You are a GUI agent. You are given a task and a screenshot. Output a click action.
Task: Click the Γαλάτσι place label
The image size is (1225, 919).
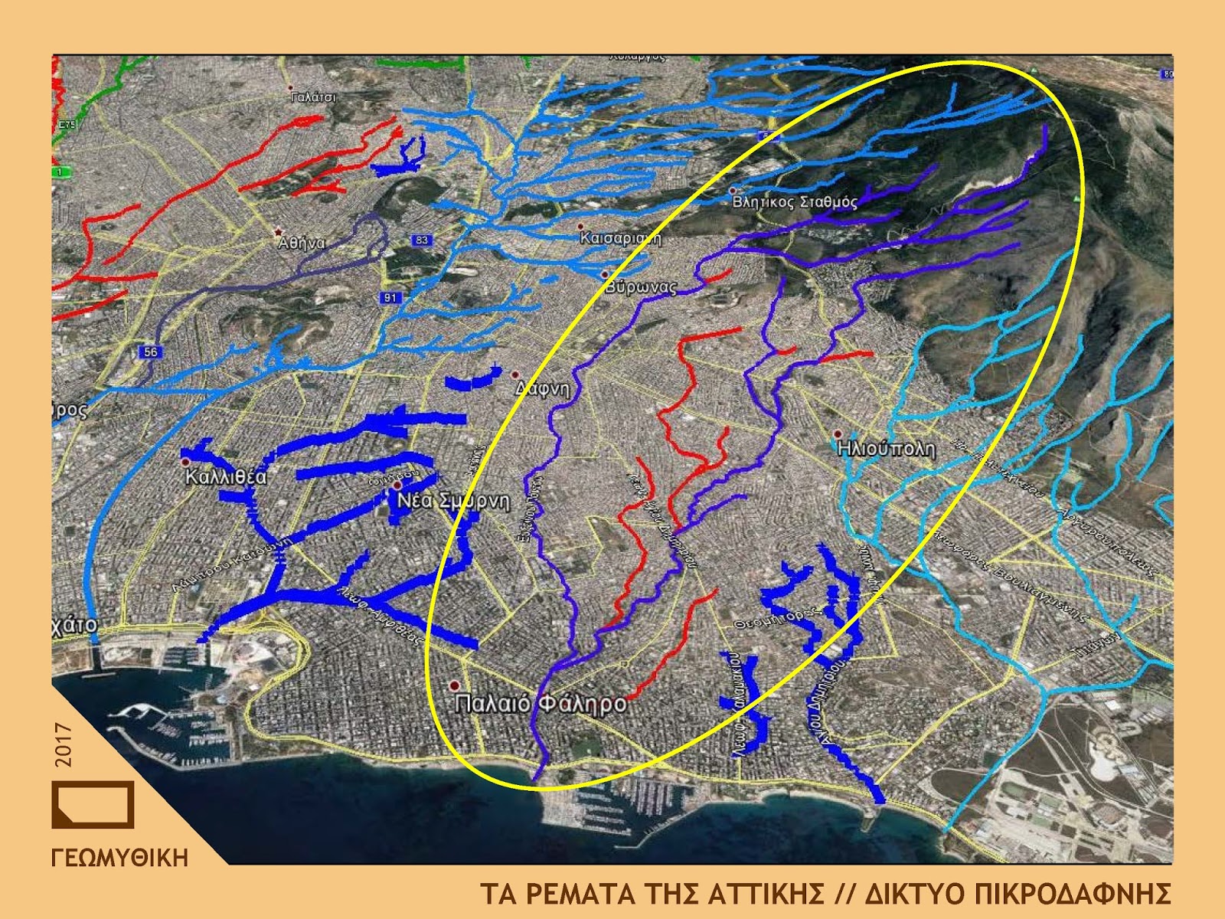[x=313, y=98]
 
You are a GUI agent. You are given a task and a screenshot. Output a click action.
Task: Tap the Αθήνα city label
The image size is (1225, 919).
[x=302, y=244]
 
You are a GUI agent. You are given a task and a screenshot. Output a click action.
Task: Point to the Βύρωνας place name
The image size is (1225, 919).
[x=641, y=288]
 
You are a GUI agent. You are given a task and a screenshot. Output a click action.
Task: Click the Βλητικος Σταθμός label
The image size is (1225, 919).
[x=795, y=202]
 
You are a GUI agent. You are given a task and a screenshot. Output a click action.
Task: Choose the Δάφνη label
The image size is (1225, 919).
[x=543, y=388]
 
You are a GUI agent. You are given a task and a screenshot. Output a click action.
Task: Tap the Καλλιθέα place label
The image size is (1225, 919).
[x=226, y=477]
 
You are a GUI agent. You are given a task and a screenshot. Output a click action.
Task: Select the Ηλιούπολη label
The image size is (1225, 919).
[x=887, y=448]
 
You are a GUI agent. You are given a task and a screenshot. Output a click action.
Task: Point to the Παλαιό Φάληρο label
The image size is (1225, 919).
[x=541, y=703]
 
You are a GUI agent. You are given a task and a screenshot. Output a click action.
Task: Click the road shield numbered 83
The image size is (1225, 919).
[x=422, y=240]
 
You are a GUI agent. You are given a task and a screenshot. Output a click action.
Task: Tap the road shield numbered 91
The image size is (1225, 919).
[x=390, y=297]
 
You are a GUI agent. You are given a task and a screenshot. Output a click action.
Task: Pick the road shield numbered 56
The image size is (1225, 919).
[x=149, y=352]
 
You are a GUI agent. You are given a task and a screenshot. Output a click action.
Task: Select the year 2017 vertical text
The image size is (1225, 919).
[x=64, y=744]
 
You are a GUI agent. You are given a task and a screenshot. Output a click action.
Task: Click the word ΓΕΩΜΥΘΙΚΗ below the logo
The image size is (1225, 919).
[x=119, y=858]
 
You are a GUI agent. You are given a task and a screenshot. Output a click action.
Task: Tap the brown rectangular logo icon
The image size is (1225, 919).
[x=93, y=804]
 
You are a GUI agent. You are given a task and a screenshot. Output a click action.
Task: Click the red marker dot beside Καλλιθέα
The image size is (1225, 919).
[x=185, y=463]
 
